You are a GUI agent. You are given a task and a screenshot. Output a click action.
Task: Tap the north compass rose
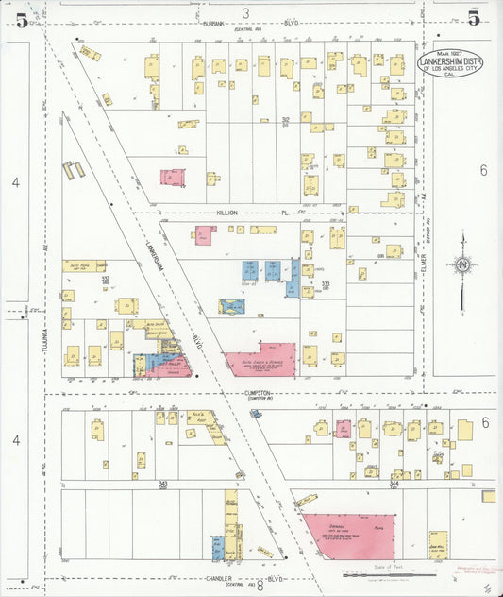tap(461, 265)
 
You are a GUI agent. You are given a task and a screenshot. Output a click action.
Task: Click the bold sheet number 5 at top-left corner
tap(21, 19)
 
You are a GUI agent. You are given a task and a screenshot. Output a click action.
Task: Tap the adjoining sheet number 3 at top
tap(245, 12)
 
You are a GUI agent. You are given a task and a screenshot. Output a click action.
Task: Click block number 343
tap(162, 483)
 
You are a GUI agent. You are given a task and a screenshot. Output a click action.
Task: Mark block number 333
tap(326, 282)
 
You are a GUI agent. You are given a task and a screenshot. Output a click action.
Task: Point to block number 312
tap(285, 120)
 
